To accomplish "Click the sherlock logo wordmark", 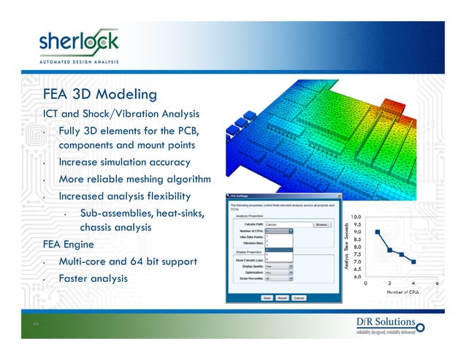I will point(78,42).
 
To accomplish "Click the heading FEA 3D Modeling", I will point(100,95).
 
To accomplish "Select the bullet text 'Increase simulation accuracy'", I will point(124,162).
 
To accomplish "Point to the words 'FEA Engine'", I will point(68,244).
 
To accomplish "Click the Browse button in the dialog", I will point(322,223).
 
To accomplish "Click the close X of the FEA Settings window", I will point(338,196).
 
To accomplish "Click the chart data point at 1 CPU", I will point(378,232).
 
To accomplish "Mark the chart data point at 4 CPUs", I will point(413,261).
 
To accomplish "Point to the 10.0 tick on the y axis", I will point(356,217).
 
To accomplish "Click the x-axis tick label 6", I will point(437,283).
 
